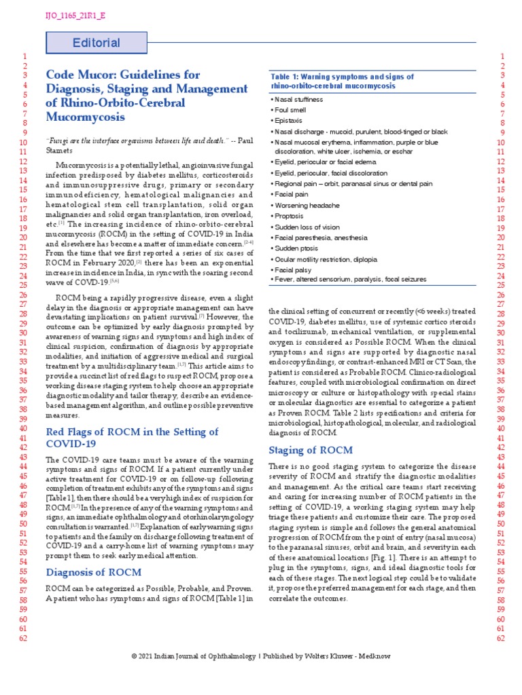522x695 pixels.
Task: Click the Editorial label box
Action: pos(96,43)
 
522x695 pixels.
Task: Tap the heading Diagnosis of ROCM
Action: pos(92,571)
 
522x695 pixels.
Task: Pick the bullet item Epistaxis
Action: pos(289,120)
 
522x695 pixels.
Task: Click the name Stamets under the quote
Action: pos(62,151)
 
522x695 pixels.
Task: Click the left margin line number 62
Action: pos(24,638)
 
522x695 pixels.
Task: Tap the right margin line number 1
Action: pos(502,56)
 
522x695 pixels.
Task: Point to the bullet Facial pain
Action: pos(291,194)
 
